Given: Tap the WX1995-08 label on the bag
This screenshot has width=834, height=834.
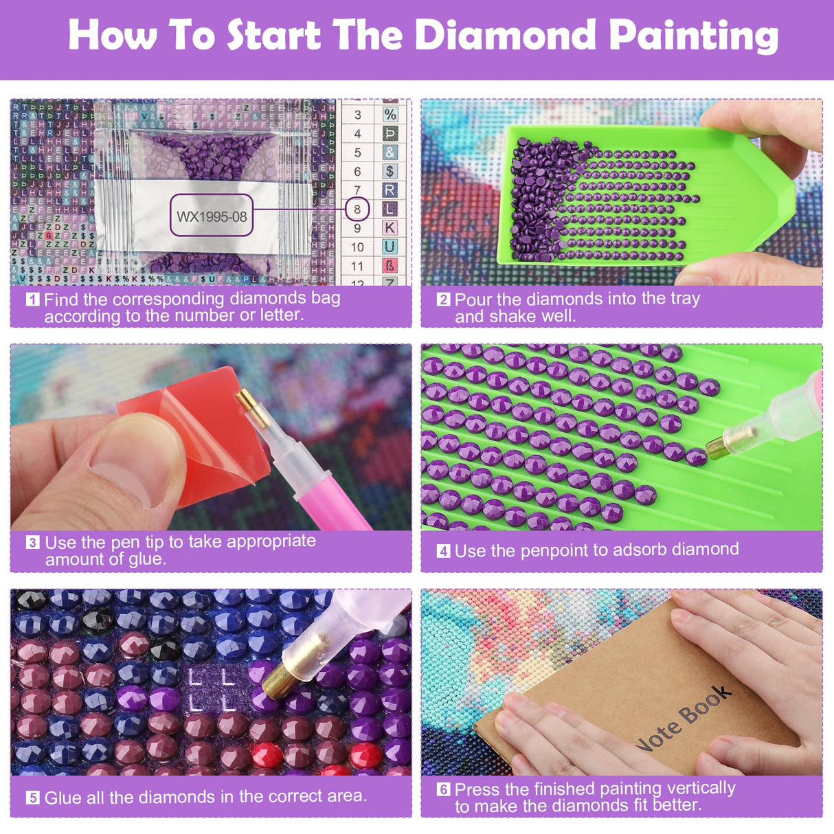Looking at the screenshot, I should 211,216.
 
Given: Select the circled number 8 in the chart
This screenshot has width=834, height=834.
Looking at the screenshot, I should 357,209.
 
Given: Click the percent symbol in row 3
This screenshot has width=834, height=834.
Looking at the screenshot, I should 390,115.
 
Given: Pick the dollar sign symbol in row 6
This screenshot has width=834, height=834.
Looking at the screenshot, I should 390,171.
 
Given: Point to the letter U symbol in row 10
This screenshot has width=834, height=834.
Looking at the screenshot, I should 390,247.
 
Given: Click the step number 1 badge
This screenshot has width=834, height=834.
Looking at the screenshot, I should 32,300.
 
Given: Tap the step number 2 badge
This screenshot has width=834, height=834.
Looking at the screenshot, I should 443,300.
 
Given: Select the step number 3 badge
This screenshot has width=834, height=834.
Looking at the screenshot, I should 32,543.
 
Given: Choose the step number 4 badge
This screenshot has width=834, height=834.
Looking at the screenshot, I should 443,551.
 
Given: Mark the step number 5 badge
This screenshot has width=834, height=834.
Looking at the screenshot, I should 32,798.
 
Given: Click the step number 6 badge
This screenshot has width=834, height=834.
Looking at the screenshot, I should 443,789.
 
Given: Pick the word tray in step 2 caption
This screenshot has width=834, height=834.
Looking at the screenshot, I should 685,299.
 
